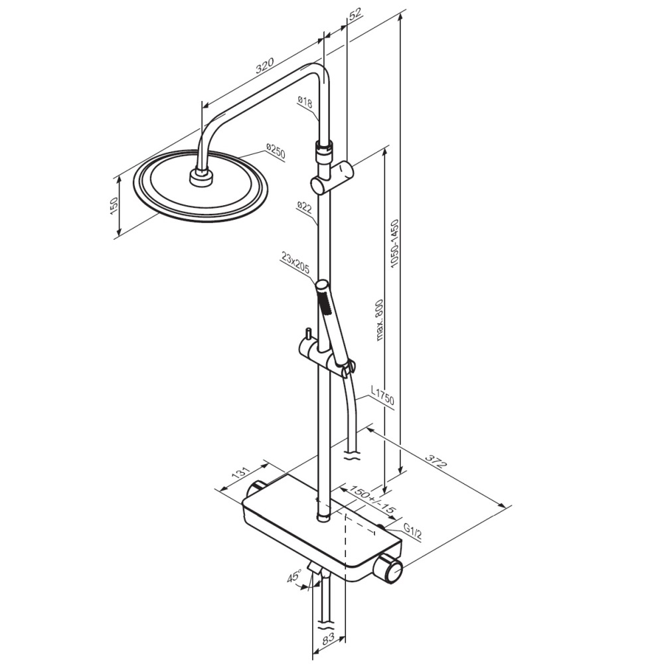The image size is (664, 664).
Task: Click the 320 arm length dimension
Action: pos(265,66)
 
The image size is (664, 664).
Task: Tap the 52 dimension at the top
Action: pos(355,13)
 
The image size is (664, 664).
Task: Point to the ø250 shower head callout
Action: pos(276,151)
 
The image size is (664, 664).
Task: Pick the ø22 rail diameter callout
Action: pos(305,207)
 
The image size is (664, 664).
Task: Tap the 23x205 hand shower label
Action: pos(295,263)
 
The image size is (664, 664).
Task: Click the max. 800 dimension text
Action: pos(379,320)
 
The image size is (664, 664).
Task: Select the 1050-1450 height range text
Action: pos(395,243)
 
